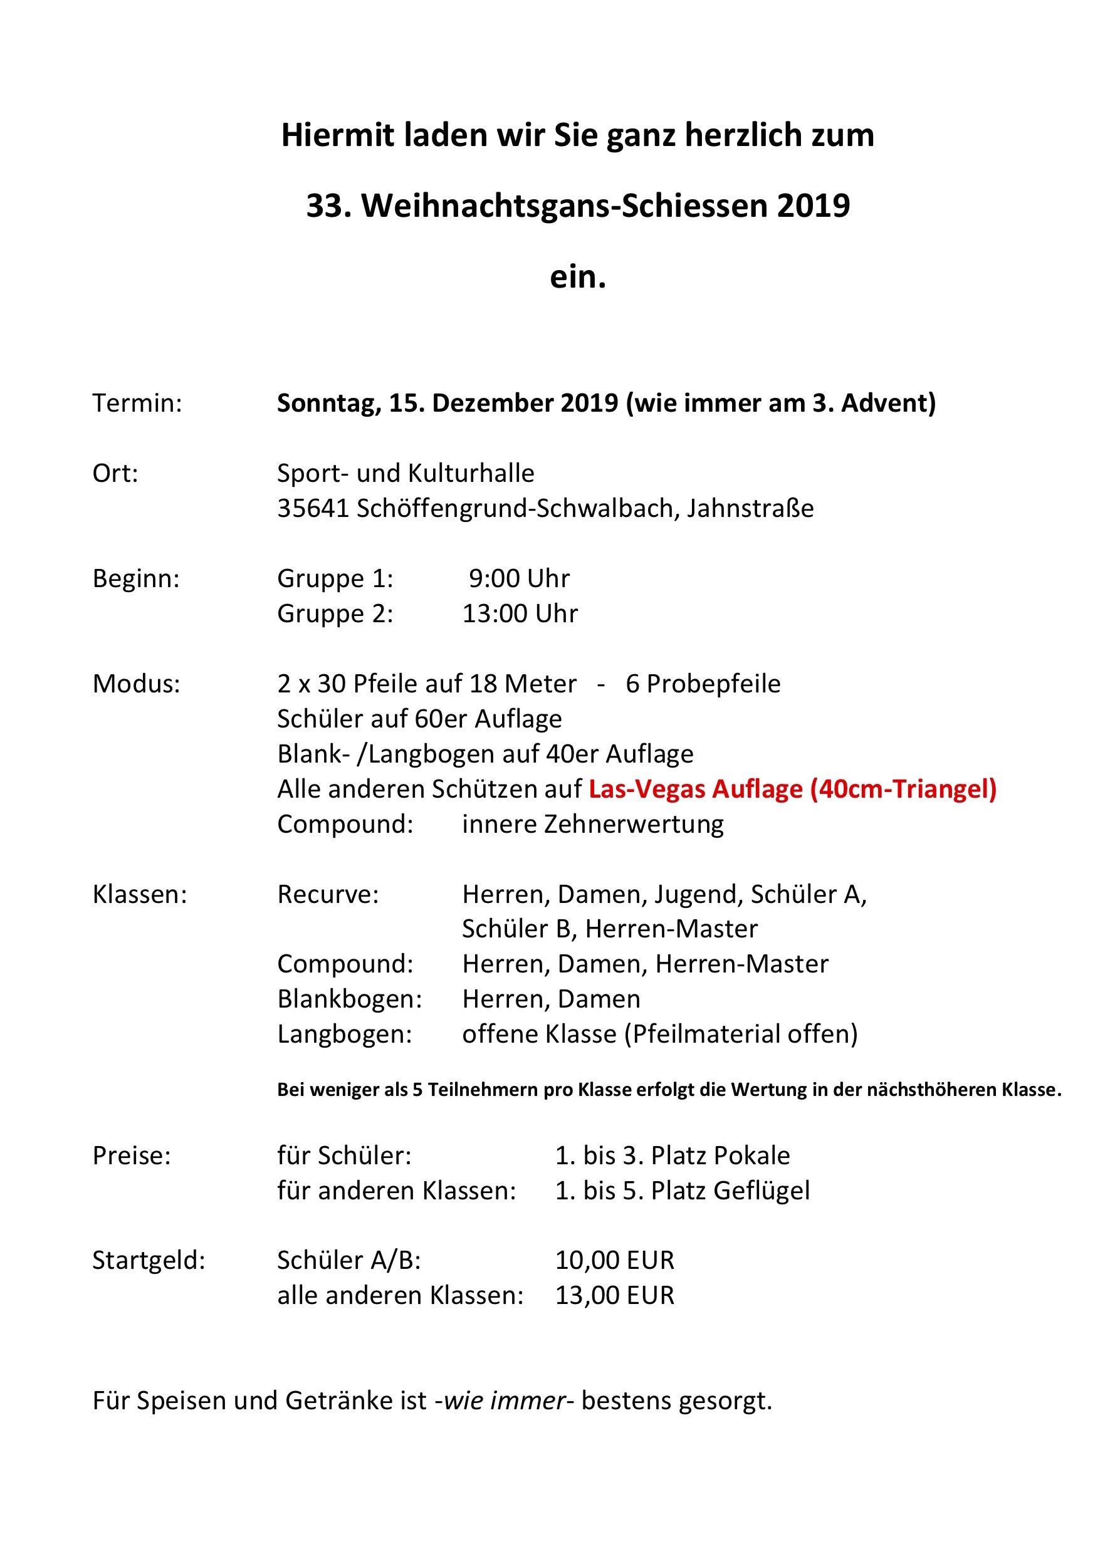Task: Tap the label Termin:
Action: [x=137, y=403]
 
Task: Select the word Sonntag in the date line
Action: [x=328, y=403]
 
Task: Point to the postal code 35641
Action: [x=313, y=508]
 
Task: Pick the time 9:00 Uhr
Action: [x=519, y=579]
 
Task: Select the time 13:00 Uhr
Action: [x=520, y=614]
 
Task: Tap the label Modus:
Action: [x=137, y=684]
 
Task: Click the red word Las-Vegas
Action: [x=646, y=789]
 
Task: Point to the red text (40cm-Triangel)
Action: [x=903, y=789]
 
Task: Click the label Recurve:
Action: [x=328, y=894]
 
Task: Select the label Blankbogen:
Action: [x=350, y=999]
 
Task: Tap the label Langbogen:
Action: [x=345, y=1034]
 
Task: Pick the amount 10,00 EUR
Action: [x=615, y=1260]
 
